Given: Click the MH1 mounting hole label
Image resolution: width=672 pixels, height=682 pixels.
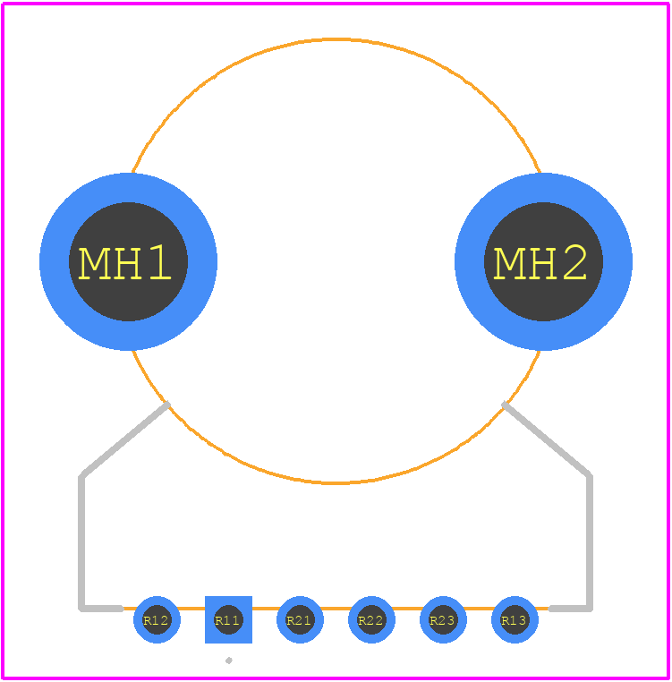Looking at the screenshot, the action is [125, 262].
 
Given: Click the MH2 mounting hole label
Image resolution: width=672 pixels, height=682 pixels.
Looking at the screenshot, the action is [540, 262].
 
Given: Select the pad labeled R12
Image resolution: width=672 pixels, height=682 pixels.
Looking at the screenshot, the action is [157, 620].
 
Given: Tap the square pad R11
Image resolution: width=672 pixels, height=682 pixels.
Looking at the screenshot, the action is [228, 620].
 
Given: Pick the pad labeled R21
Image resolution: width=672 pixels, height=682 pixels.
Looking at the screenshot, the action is [300, 620].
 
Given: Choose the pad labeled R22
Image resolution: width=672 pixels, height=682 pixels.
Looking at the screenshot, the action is [371, 620].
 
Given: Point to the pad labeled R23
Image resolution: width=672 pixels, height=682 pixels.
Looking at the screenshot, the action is [443, 620].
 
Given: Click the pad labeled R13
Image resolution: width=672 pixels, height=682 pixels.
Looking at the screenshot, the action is [515, 620].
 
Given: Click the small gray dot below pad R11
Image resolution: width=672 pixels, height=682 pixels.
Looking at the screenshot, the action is [229, 661].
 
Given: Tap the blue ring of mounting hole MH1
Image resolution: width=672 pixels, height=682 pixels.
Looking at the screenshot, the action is [55, 262].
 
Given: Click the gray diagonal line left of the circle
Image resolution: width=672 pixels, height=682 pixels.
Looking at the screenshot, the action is [124, 439].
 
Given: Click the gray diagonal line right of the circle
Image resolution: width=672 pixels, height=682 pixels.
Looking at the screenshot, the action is [547, 439].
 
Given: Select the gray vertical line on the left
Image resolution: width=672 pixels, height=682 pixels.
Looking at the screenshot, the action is [81, 542].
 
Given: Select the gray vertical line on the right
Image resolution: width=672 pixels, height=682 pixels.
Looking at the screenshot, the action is [590, 541].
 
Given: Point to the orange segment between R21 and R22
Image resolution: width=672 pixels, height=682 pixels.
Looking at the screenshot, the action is [336, 609].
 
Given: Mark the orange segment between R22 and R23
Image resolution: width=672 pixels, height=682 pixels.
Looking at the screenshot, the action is [407, 609].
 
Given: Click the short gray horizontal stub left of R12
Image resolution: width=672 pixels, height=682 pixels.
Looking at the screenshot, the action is [101, 608].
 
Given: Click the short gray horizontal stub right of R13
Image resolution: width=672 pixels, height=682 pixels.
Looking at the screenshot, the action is [571, 608].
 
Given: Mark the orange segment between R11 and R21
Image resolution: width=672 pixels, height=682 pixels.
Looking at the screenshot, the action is [265, 609].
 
